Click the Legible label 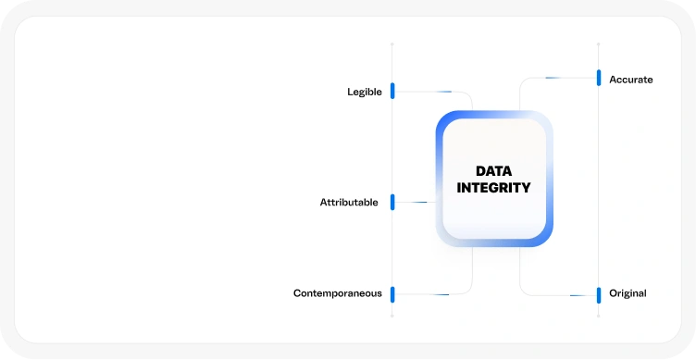364,92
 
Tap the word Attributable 349,202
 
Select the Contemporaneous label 337,293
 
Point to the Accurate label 630,80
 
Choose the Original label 628,293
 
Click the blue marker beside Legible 392,91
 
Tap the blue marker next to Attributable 392,202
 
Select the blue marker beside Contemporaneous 392,294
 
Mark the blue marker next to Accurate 599,78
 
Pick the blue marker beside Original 599,294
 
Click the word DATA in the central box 493,171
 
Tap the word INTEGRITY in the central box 493,188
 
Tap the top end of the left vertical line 392,43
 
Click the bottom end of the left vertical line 392,317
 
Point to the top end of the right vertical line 599,43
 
